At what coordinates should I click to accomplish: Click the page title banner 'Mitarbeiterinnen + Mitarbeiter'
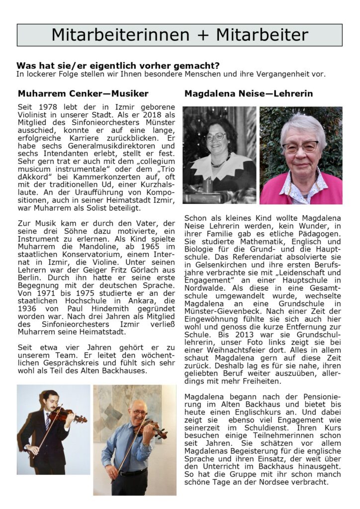180,35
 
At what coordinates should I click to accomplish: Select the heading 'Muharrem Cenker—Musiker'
83,93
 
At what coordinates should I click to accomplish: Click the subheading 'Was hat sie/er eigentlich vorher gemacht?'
118,66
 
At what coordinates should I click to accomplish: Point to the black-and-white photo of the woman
219,155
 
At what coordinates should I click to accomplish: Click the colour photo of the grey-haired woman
301,155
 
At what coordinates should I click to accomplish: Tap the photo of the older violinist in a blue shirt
134,439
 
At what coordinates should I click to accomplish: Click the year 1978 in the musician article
44,107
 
